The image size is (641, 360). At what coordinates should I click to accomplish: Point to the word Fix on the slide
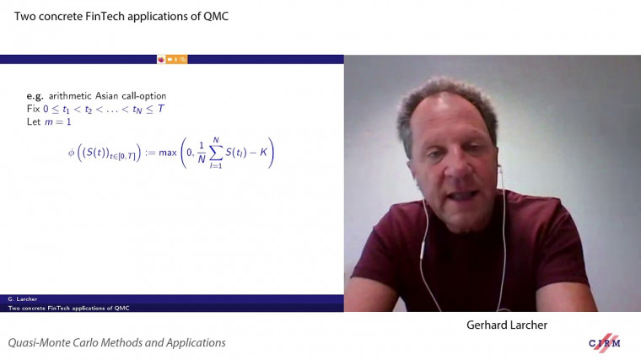click(x=33, y=109)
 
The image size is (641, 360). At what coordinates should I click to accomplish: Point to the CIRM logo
click(x=606, y=342)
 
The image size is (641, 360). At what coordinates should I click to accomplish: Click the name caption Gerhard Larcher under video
click(x=502, y=325)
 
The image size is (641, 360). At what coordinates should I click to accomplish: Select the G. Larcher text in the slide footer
click(x=22, y=299)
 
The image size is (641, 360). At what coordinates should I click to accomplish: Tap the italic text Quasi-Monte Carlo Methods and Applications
click(x=117, y=343)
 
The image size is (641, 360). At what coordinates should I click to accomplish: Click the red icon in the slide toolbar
click(x=160, y=59)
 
